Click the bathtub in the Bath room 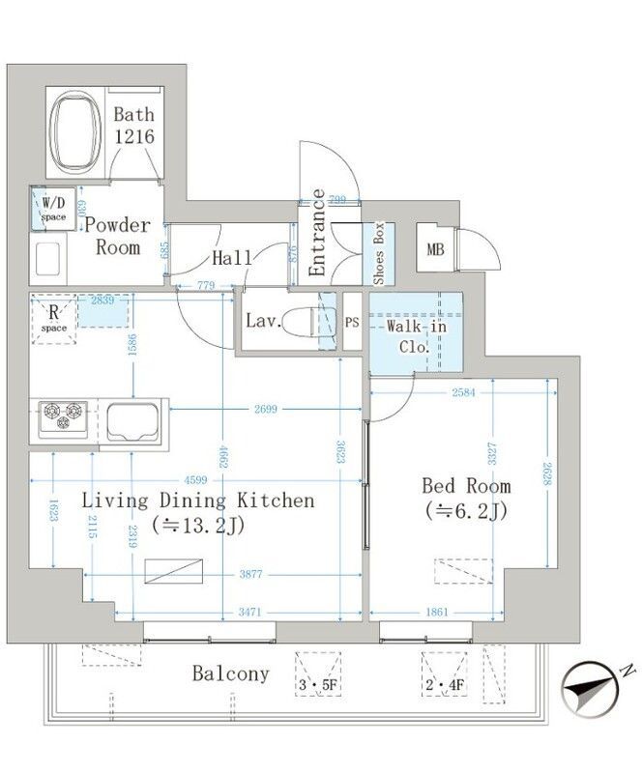75,134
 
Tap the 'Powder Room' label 117,236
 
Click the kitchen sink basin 134,421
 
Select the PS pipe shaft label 352,322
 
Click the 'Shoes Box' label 379,253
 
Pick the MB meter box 435,250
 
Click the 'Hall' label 232,258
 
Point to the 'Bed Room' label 465,486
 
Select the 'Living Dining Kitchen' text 197,501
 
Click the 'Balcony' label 229,674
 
